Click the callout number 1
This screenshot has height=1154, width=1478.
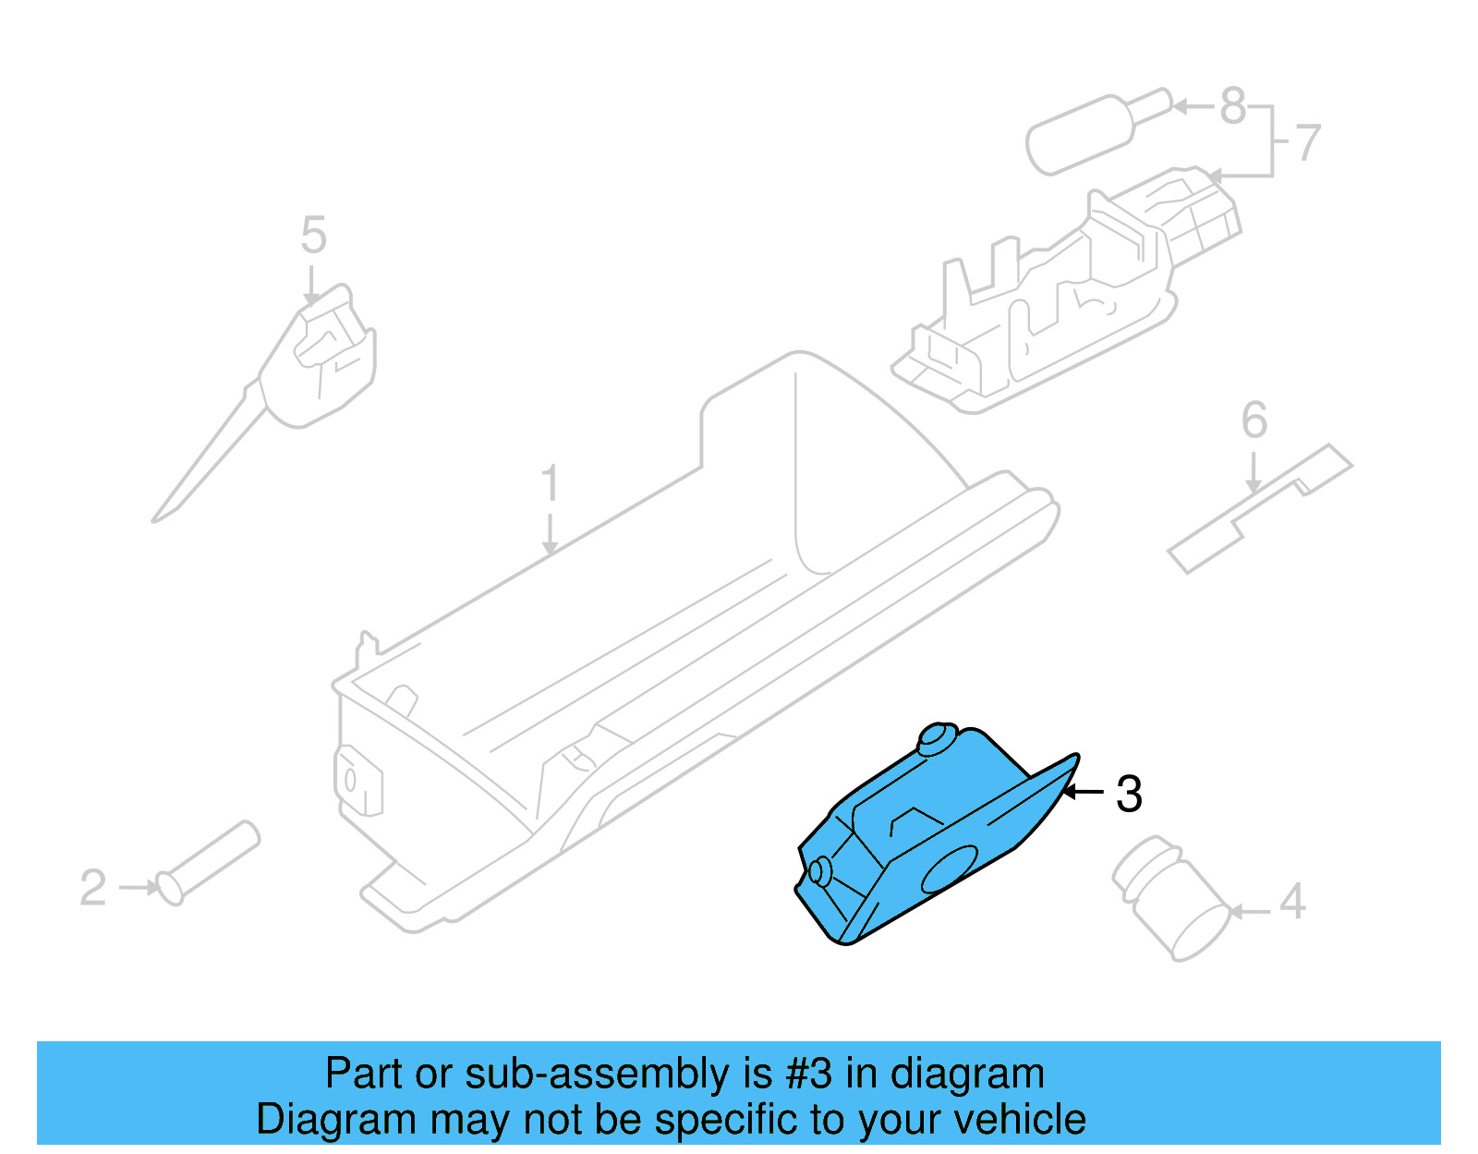coord(550,483)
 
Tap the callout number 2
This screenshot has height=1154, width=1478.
coord(92,888)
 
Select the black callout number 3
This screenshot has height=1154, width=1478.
coord(1129,794)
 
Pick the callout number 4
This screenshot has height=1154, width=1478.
coord(1292,901)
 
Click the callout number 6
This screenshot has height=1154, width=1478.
coord(1254,420)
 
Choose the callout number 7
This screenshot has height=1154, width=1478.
coord(1308,143)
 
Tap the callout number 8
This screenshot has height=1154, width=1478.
coord(1233,106)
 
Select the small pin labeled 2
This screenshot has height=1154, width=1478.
coord(209,862)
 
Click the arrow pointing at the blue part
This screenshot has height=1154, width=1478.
coord(1083,792)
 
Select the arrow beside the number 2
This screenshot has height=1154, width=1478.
coord(140,888)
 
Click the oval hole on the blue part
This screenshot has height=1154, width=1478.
coord(950,869)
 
